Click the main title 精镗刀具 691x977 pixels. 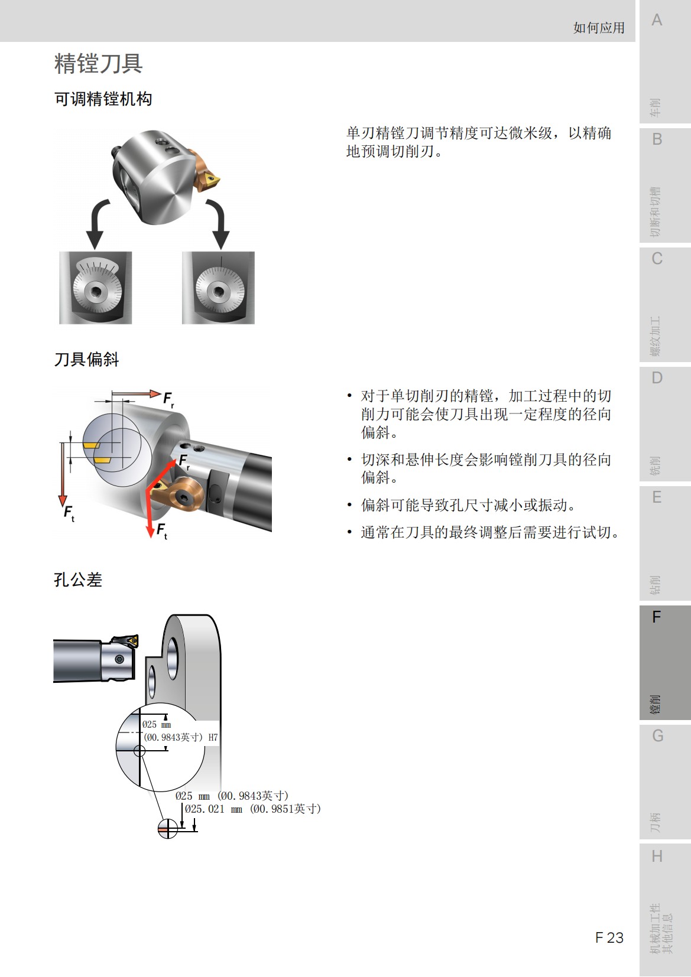[x=98, y=64]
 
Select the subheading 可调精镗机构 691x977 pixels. [x=103, y=99]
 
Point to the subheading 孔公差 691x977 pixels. [x=77, y=579]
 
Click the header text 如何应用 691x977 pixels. [x=598, y=28]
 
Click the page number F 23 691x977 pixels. [x=609, y=937]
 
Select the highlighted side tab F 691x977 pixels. [x=656, y=617]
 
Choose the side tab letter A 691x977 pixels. [x=656, y=21]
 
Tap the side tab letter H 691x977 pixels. [x=656, y=856]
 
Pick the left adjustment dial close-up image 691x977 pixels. [x=96, y=288]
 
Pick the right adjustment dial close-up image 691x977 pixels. [x=218, y=288]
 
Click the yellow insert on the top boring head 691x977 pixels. [x=210, y=180]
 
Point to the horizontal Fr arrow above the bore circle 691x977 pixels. [x=136, y=393]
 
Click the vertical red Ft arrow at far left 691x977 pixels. [x=62, y=473]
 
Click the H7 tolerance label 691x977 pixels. [x=213, y=737]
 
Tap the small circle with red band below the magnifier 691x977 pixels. [x=168, y=828]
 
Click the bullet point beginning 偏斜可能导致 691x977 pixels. [x=468, y=505]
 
